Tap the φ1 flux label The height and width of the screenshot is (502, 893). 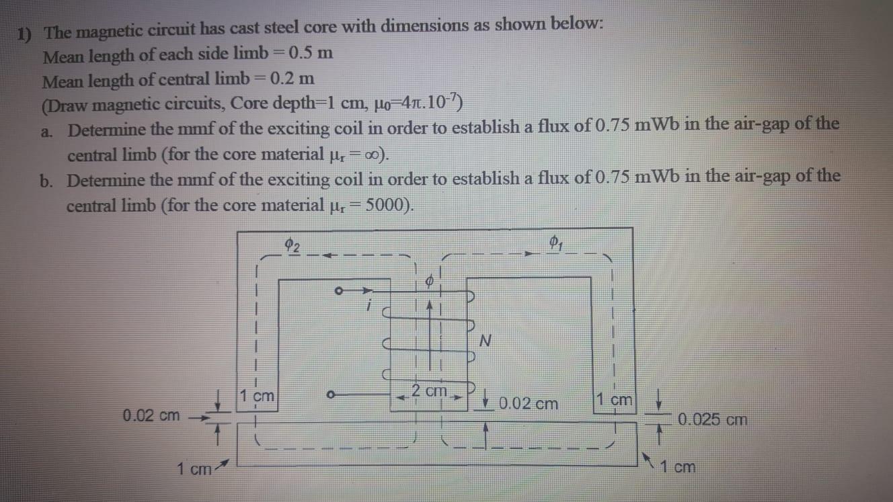click(555, 242)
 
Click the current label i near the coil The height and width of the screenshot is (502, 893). click(368, 306)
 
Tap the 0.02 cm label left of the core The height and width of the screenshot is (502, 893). click(151, 415)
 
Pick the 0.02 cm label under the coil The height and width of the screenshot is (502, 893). click(529, 404)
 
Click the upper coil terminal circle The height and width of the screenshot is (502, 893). click(340, 292)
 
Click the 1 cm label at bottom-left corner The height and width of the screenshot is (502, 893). click(194, 468)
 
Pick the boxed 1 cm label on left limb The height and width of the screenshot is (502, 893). click(259, 396)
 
